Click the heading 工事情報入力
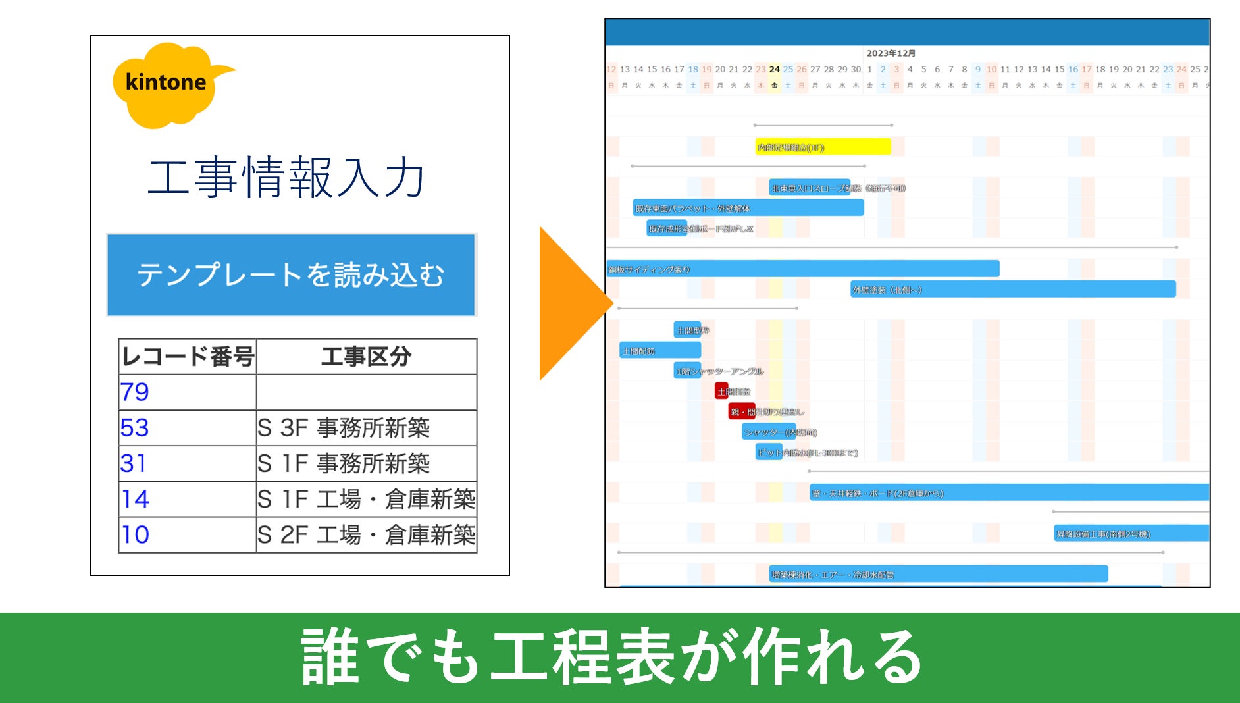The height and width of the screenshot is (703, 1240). click(286, 178)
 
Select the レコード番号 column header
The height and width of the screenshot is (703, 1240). click(188, 357)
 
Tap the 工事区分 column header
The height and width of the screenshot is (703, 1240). click(366, 357)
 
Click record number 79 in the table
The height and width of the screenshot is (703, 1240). click(135, 392)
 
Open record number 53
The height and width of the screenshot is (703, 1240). click(135, 428)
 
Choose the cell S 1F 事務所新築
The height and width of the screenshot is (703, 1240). click(344, 463)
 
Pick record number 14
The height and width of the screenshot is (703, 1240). click(135, 499)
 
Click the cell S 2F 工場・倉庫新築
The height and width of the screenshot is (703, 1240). click(366, 534)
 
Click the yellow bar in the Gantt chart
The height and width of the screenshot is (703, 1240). click(823, 147)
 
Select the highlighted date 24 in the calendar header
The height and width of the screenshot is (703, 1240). click(775, 69)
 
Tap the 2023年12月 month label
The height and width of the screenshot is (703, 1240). click(891, 53)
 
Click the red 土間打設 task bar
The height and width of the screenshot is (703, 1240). click(722, 391)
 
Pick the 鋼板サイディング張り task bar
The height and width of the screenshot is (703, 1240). click(803, 269)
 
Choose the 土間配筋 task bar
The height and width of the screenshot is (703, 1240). click(659, 350)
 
